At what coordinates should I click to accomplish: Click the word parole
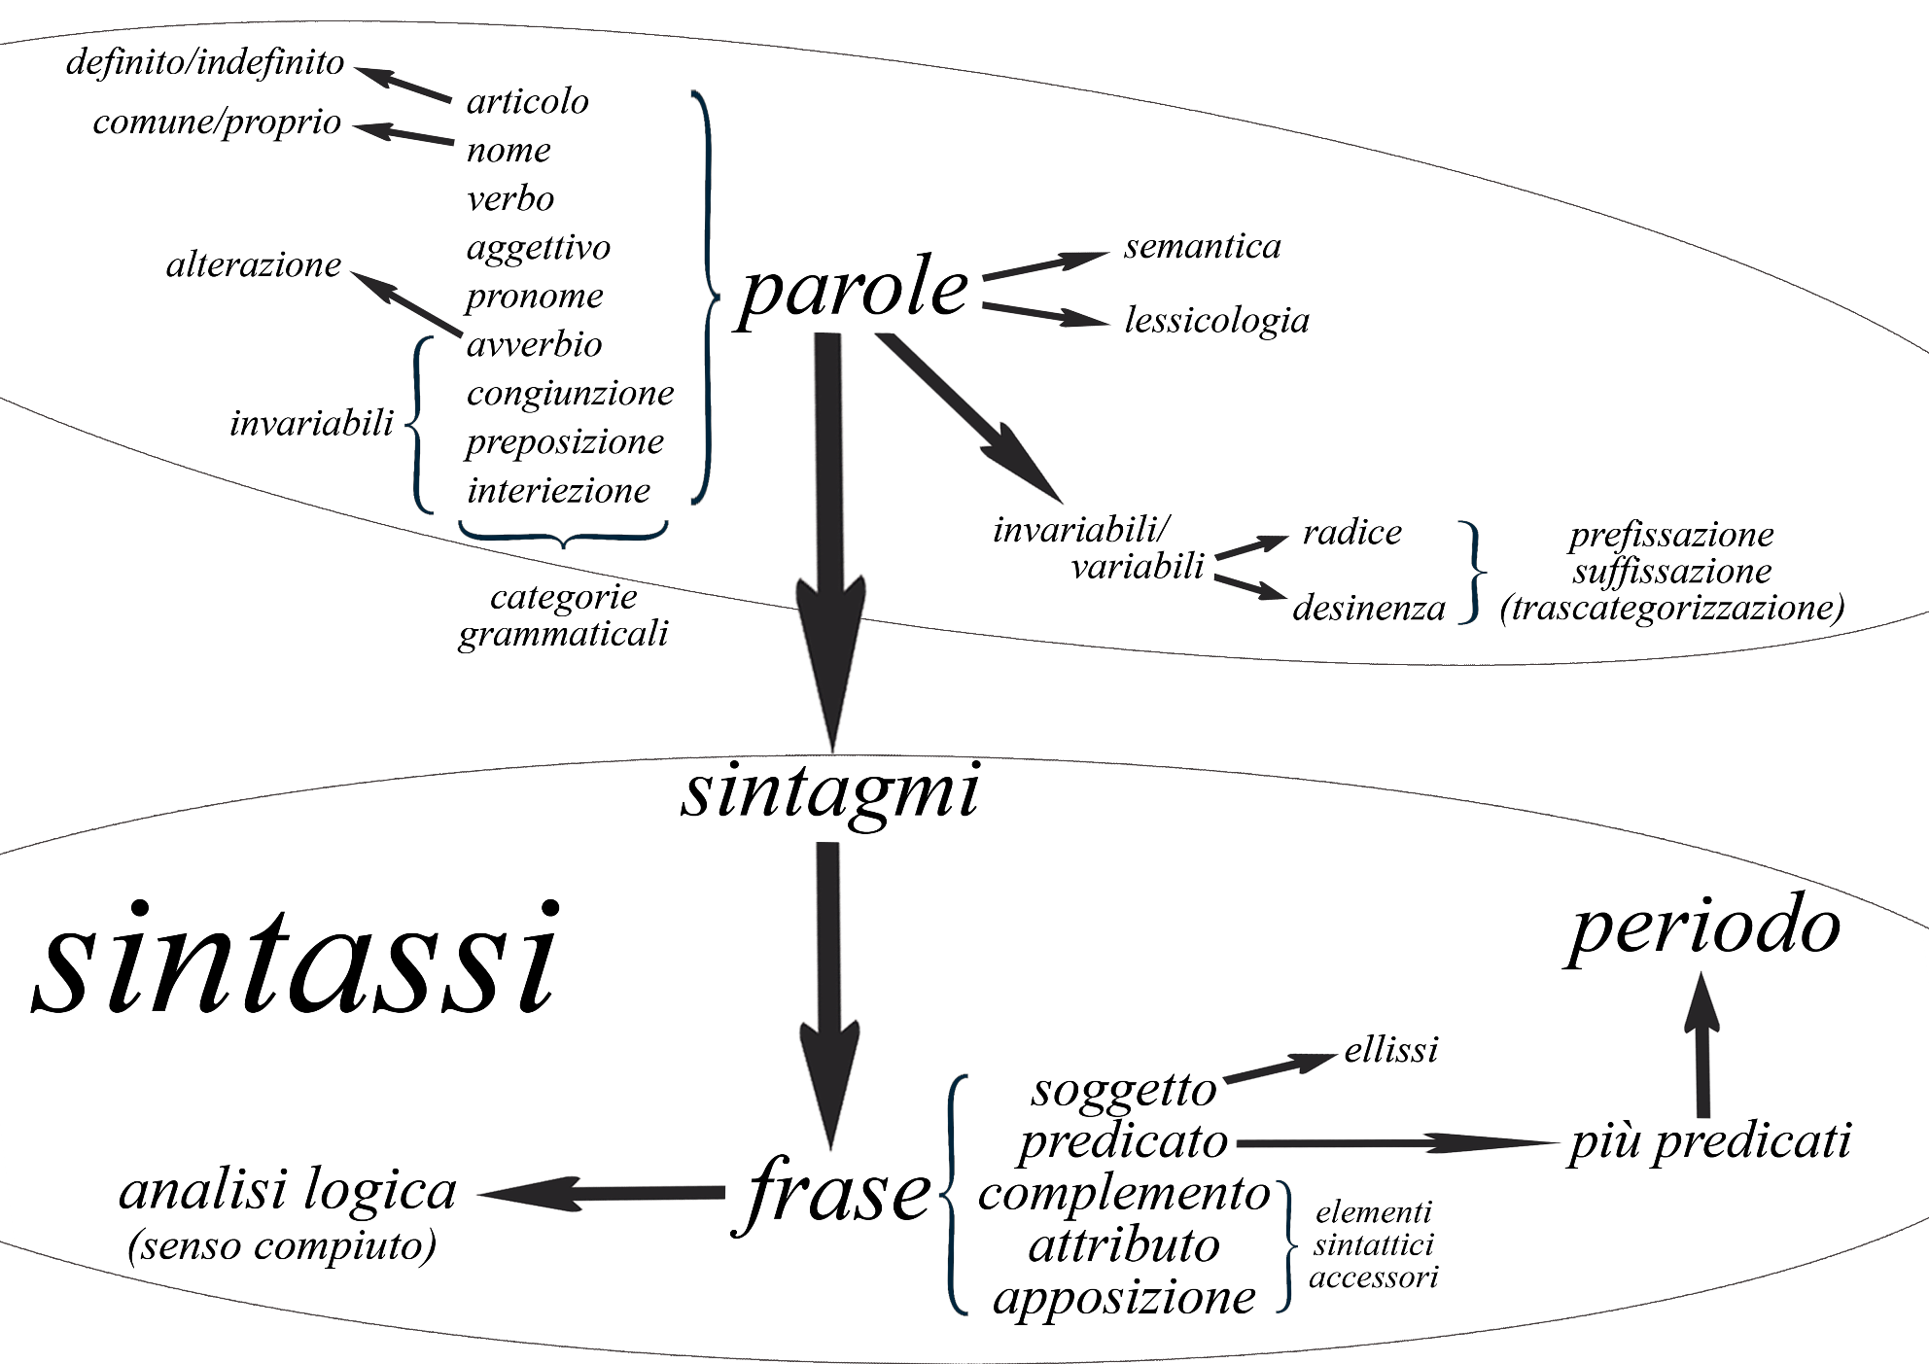click(x=854, y=290)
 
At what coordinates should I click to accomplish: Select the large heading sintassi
click(x=297, y=961)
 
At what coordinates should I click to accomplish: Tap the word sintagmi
click(x=829, y=792)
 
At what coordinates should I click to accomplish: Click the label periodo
click(x=1704, y=927)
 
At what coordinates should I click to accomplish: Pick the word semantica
click(x=1203, y=246)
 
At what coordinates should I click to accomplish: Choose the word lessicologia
click(x=1216, y=320)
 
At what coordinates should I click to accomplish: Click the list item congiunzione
click(x=570, y=393)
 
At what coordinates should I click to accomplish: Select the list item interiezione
click(x=558, y=490)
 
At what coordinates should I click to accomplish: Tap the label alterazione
click(x=254, y=264)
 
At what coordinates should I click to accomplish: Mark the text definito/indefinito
click(x=205, y=62)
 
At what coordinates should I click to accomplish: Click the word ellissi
click(x=1390, y=1050)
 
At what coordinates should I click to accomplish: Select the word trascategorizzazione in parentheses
click(x=1671, y=608)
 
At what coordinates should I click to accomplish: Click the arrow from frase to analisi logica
click(x=603, y=1194)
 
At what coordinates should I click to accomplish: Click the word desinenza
click(x=1369, y=608)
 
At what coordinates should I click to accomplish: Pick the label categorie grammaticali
click(x=564, y=615)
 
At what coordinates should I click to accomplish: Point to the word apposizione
click(x=1124, y=1297)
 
